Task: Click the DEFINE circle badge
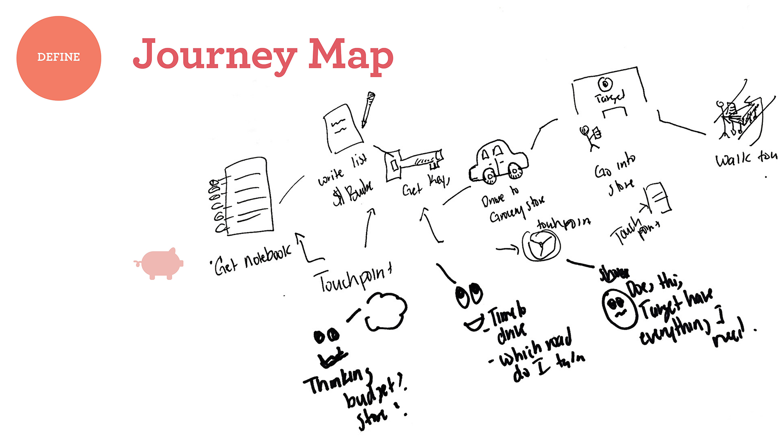coord(59,58)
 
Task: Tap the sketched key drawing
coord(413,164)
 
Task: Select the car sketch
coord(499,162)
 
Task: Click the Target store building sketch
coord(610,93)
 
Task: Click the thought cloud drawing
coord(386,311)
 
